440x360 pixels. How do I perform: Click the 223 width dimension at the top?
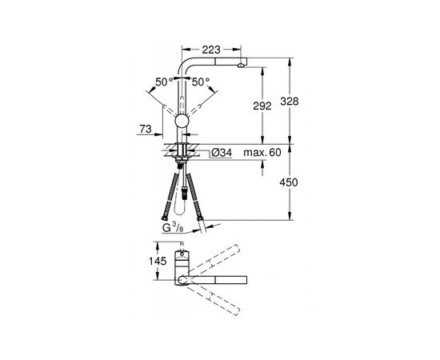[211, 50]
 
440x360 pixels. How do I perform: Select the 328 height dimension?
[290, 102]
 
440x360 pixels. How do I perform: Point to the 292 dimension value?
[262, 106]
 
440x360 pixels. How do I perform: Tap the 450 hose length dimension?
[289, 182]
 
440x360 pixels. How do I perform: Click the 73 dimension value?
[146, 129]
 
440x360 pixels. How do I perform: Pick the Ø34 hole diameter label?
[222, 153]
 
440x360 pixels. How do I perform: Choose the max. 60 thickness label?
[262, 152]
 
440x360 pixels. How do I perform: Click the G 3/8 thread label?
[173, 228]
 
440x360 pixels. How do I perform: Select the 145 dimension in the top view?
[158, 262]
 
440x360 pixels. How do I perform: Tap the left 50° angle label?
[165, 82]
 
